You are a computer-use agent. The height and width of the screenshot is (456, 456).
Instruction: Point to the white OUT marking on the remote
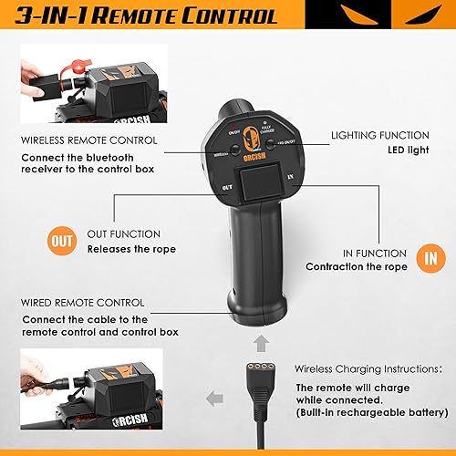pyautogui.click(x=230, y=189)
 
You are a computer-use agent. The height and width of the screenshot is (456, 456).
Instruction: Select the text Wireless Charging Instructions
pyautogui.click(x=369, y=370)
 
